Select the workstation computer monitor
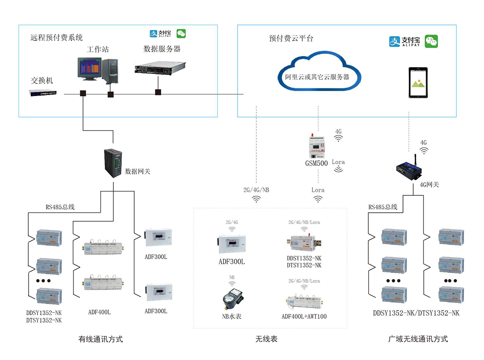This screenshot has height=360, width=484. (x=88, y=69)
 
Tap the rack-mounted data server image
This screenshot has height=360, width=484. (x=157, y=67)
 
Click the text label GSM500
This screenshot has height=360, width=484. (x=317, y=163)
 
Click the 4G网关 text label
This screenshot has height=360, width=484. (x=429, y=184)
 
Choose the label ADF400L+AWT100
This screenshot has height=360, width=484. (x=304, y=316)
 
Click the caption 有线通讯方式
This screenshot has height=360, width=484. (x=100, y=339)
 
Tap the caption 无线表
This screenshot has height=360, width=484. (x=266, y=339)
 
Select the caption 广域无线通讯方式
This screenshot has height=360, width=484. (x=418, y=339)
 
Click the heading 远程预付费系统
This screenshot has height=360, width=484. (x=56, y=37)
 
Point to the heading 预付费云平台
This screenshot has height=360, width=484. (x=291, y=38)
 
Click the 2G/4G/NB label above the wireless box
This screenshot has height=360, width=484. (x=256, y=190)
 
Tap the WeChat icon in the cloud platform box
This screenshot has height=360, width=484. (x=431, y=41)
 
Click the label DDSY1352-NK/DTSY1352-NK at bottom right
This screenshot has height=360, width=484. (x=416, y=313)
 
